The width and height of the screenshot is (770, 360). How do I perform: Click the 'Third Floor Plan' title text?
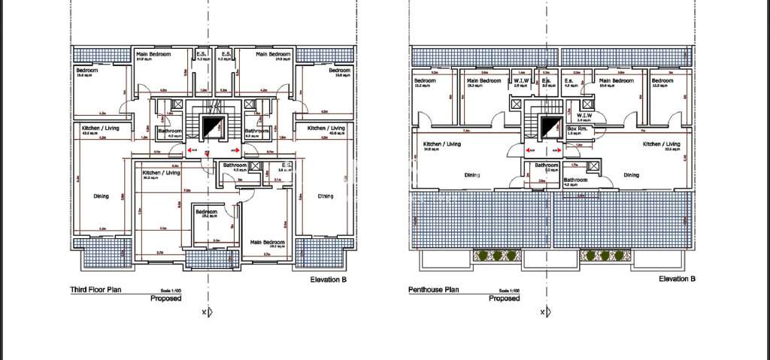click(95, 289)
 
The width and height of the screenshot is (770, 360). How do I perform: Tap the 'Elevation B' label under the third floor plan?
click(329, 280)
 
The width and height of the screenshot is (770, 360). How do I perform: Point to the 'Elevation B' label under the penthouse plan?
click(677, 280)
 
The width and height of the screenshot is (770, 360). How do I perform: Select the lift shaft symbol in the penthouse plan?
click(552, 125)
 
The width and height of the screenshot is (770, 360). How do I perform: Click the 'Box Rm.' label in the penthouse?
click(577, 129)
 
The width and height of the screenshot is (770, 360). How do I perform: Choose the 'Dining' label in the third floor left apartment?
click(101, 196)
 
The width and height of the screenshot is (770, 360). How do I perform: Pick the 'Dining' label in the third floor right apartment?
click(325, 196)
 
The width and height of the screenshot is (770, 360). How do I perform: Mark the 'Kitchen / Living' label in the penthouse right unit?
click(662, 144)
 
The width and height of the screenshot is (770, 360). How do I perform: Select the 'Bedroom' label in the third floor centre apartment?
click(207, 213)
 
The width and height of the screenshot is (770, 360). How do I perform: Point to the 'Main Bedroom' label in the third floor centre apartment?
click(268, 242)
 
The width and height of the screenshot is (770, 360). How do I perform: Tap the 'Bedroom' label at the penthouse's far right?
click(662, 80)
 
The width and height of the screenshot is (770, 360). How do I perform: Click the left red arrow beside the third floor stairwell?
click(193, 150)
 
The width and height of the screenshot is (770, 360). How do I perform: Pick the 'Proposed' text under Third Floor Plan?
click(167, 298)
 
